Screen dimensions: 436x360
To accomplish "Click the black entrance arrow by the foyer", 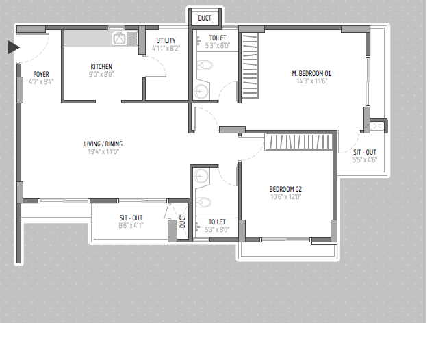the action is point(13,47).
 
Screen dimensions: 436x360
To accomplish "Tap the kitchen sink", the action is point(125,38).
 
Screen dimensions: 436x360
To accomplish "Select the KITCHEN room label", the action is point(101,66).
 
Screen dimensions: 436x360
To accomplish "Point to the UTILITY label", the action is point(166,40).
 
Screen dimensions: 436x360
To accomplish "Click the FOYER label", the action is point(41,74).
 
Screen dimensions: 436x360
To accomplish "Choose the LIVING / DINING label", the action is point(103,144).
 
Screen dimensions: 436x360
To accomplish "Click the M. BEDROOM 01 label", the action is point(311,74).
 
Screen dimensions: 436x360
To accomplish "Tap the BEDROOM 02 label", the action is point(285,190).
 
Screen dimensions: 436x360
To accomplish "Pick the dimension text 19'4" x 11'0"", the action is point(103,152).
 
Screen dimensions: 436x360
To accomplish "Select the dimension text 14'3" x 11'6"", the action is point(311,81).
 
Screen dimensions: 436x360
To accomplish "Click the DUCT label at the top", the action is point(205,18).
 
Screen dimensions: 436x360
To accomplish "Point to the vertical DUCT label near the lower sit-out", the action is point(182,221).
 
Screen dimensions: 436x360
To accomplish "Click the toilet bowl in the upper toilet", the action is point(205,66).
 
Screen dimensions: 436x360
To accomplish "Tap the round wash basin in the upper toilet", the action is point(201,91).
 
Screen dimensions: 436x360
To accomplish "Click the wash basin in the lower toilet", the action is point(201,177).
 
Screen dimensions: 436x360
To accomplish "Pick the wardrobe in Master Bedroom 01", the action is point(250,65).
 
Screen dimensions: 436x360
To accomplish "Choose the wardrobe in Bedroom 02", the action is point(298,142).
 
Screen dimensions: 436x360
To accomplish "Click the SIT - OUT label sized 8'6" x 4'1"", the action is point(131,218).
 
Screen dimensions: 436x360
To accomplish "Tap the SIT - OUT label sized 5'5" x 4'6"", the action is point(365,153).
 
